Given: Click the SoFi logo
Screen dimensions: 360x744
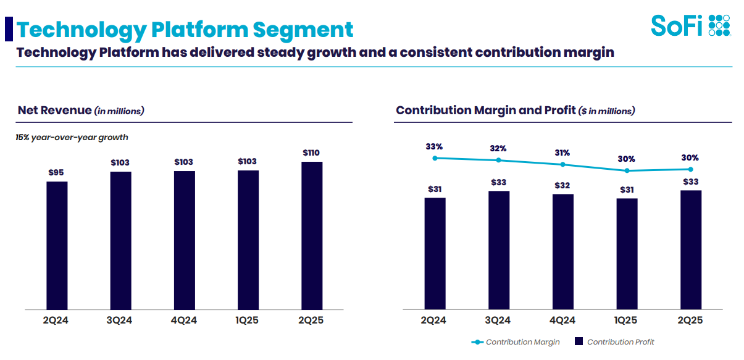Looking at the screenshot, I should click(691, 25).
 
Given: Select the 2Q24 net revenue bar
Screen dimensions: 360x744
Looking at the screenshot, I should click(57, 245).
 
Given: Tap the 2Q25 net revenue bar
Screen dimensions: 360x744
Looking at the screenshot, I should click(312, 235).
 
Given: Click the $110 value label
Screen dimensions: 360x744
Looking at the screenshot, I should click(311, 153).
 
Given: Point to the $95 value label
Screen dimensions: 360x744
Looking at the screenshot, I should click(57, 172).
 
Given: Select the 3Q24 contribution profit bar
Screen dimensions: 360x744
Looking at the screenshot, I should click(499, 250).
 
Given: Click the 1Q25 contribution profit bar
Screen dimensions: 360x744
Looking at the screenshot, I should click(627, 254).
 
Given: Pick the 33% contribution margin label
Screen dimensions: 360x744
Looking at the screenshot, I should click(434, 147).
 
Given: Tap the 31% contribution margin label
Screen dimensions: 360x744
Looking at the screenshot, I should click(562, 153).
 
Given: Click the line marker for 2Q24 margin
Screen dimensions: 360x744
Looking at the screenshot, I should click(435, 158).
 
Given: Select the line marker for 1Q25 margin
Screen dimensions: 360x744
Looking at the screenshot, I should click(627, 170).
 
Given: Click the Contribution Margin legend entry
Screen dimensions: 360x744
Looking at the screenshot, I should click(516, 341).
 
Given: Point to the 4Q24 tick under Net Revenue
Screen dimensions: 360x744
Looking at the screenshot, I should click(184, 320).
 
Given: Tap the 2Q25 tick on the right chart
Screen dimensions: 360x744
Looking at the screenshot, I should click(690, 320).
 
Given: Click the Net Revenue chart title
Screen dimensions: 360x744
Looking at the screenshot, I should click(81, 111).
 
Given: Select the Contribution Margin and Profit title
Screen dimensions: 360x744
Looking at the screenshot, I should click(515, 111).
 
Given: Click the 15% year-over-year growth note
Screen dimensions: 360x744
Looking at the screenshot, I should click(72, 137).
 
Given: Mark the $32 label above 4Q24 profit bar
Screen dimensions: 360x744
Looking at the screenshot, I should click(562, 185).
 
